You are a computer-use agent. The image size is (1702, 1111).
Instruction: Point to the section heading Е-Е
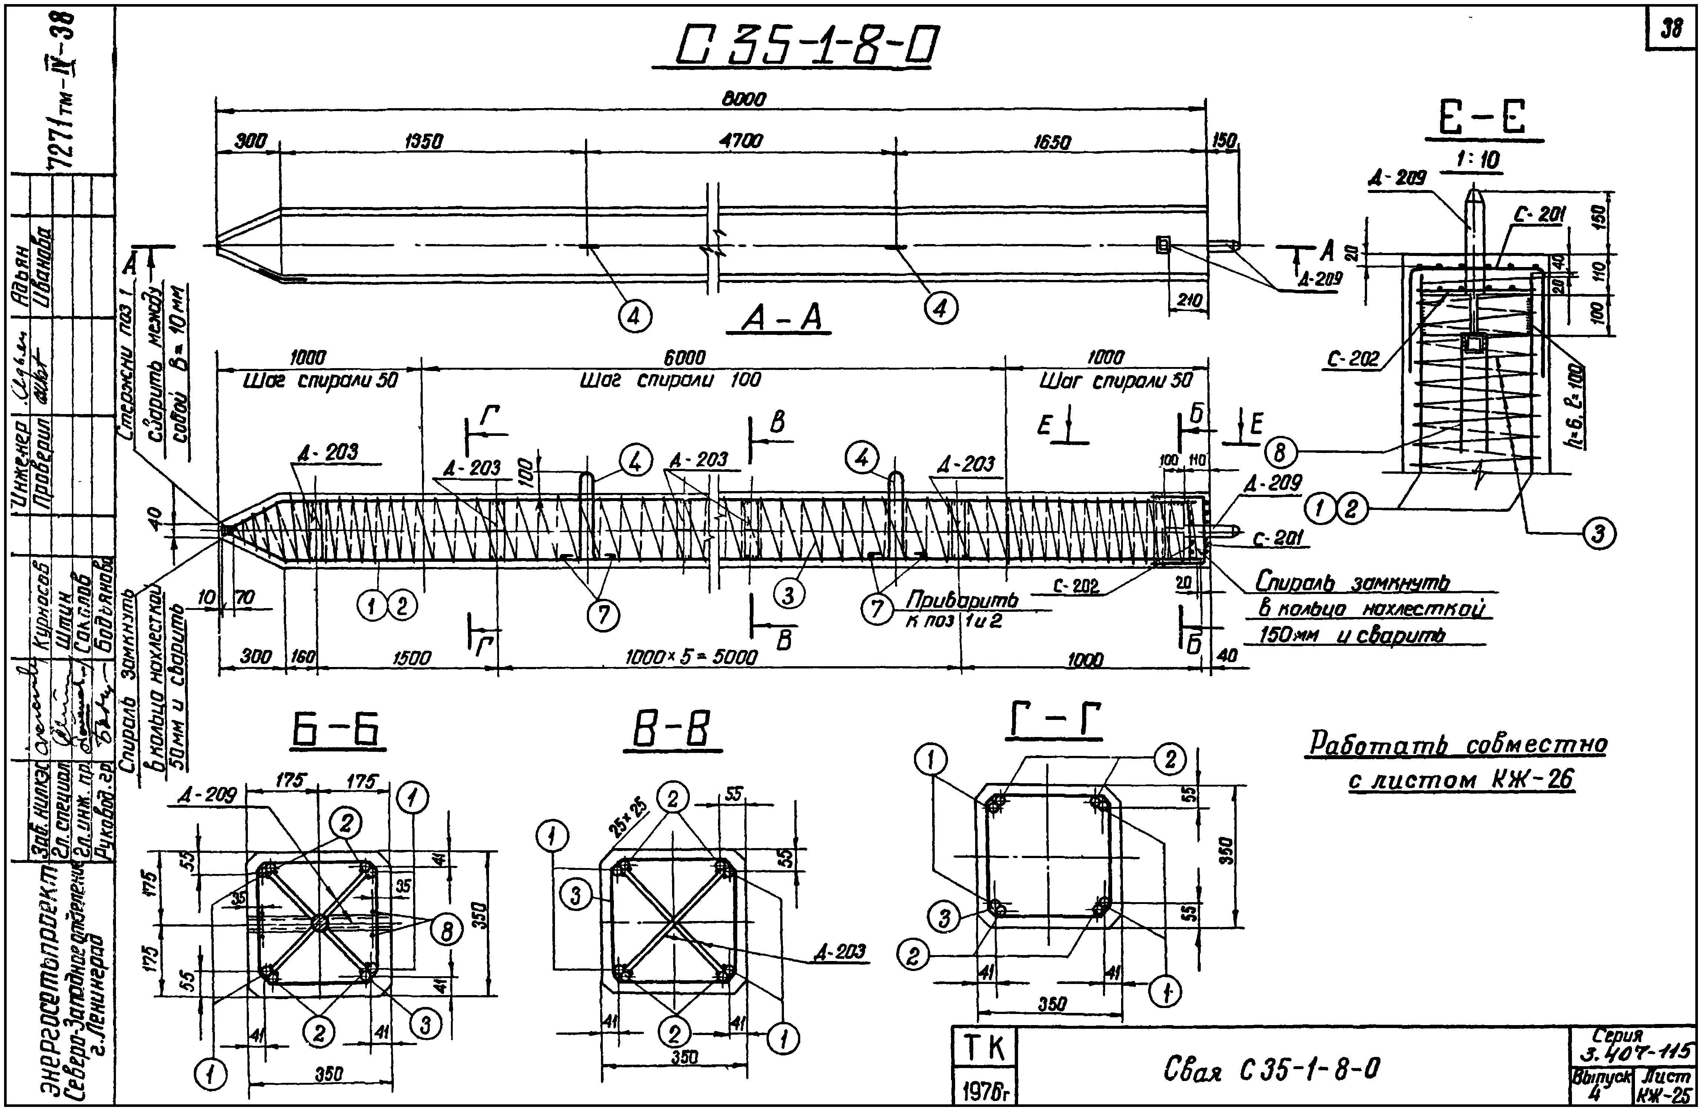click(x=1484, y=119)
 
